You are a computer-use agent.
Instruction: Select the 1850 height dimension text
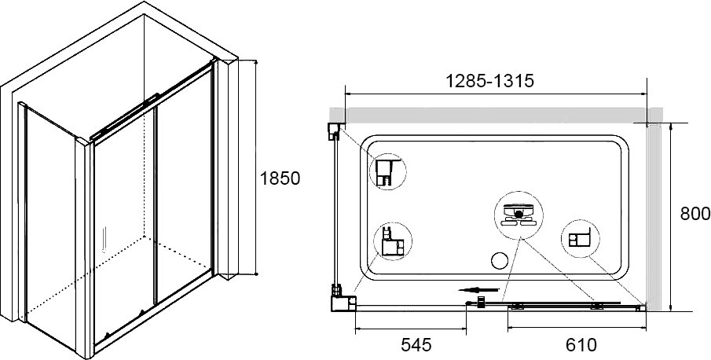[x=280, y=178]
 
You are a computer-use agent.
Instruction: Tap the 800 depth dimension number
[x=695, y=214]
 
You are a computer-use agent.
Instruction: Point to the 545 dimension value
[x=416, y=345]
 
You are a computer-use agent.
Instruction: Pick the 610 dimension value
[x=581, y=345]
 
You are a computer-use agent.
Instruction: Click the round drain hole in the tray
[x=500, y=260]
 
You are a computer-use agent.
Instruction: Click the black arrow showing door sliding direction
[x=478, y=290]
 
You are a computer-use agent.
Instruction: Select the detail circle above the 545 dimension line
[x=393, y=241]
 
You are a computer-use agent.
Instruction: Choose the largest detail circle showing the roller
[x=519, y=215]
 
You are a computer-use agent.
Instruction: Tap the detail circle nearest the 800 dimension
[x=581, y=238]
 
